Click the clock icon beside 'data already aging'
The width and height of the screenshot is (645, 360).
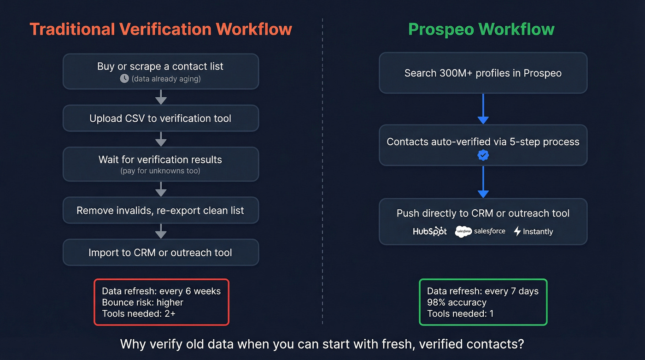pos(124,79)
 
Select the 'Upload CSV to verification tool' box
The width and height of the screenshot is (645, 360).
pos(160,118)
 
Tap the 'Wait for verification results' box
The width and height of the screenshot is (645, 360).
pos(160,164)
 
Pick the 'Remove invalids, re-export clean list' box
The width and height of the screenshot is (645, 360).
pos(160,211)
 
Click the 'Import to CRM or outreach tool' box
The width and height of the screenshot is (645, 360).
pos(160,253)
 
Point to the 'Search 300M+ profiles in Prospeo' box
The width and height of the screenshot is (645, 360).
pos(483,73)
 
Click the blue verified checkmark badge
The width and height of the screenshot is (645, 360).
pos(483,155)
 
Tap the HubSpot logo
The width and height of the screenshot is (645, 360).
pos(430,231)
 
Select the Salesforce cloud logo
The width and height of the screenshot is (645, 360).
pos(463,231)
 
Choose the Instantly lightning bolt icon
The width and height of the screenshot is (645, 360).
pos(517,231)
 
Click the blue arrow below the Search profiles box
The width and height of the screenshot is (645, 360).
pos(483,109)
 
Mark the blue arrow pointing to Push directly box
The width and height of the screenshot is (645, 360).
pos(483,182)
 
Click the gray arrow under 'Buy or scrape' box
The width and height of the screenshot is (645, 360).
pos(160,97)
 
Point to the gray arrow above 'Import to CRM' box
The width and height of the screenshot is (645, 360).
pos(160,231)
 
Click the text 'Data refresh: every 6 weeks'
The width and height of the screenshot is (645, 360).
pos(161,291)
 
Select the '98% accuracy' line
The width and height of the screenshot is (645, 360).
pos(457,302)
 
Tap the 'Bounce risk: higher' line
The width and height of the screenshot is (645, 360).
pos(142,302)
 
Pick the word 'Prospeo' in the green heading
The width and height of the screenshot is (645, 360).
pos(441,29)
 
